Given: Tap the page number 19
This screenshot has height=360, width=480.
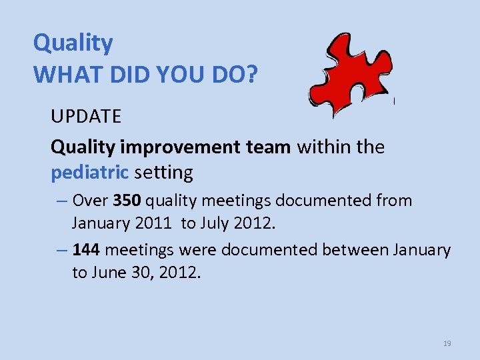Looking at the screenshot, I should [x=447, y=343].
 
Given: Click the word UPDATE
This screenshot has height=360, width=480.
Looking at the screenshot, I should [x=86, y=117].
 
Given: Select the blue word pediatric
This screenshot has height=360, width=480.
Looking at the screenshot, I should [x=89, y=173].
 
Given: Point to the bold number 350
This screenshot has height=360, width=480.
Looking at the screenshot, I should [x=127, y=201].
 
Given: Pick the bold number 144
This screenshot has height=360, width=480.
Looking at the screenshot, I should [x=86, y=250].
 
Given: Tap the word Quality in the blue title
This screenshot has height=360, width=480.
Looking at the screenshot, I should [x=73, y=43].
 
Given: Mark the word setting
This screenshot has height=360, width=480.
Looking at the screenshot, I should [x=163, y=173].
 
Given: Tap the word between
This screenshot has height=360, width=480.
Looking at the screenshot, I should [x=356, y=250].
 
